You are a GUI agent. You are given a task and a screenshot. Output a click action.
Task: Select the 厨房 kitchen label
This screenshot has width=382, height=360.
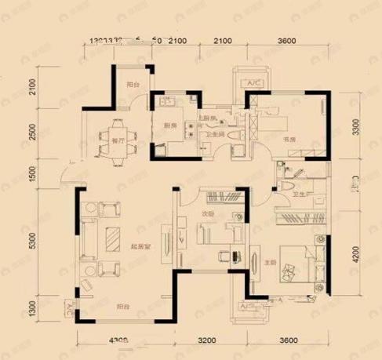(x=167, y=124)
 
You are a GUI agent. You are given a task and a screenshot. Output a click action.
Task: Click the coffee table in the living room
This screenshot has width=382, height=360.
(x=115, y=237)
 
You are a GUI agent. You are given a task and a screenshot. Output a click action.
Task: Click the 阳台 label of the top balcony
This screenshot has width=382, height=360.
(x=133, y=85)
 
